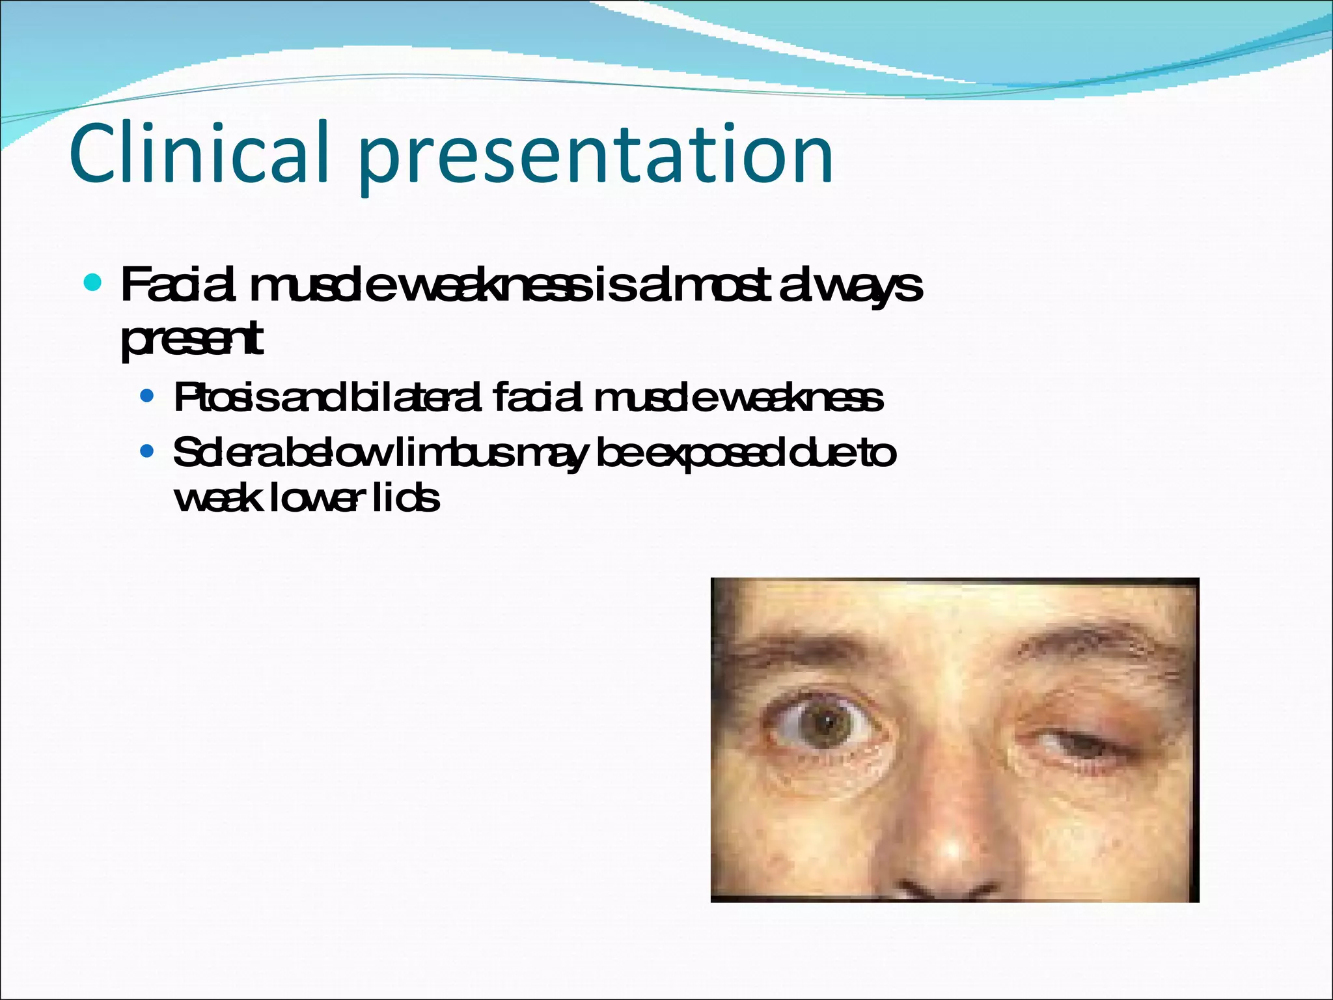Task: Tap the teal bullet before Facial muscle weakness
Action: (x=94, y=283)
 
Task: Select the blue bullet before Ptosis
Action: (x=147, y=396)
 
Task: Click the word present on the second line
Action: (x=192, y=340)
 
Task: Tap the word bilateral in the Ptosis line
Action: (x=417, y=398)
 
